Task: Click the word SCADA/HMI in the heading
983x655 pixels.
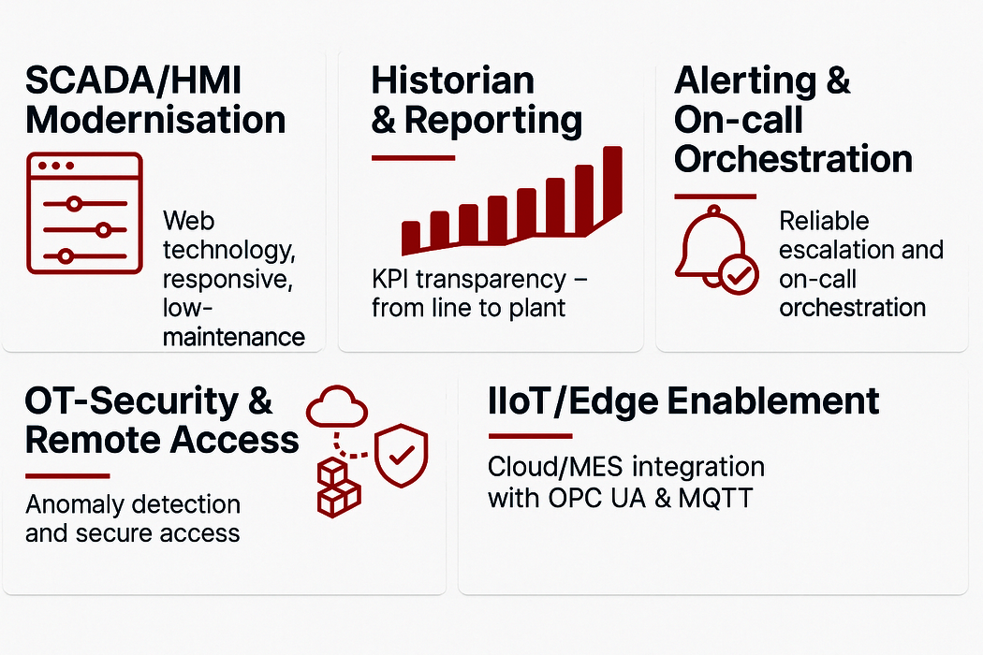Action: pos(134,80)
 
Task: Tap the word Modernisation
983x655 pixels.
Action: pos(155,120)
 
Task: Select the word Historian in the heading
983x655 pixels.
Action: pos(452,80)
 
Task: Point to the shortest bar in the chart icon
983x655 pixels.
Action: pos(411,237)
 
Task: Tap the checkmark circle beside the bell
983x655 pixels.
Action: pos(739,274)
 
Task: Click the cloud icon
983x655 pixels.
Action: pos(337,407)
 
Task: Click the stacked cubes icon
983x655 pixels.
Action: pos(339,488)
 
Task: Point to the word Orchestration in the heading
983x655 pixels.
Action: pos(793,158)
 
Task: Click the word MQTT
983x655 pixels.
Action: pos(715,499)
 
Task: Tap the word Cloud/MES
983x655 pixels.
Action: pos(555,467)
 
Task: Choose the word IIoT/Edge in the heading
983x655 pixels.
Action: pos(573,401)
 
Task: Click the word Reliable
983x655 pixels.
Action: pos(824,221)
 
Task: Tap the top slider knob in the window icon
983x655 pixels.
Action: pos(74,204)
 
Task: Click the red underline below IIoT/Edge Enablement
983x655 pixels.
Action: pos(530,436)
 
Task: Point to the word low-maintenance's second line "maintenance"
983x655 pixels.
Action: pos(234,337)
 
